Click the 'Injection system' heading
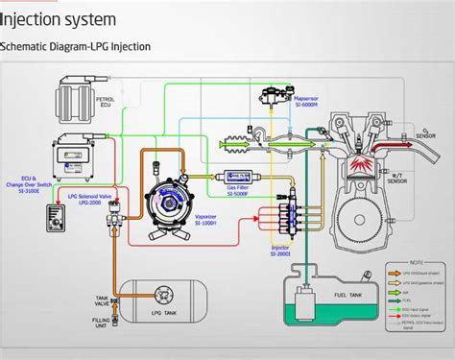(x=59, y=18)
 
